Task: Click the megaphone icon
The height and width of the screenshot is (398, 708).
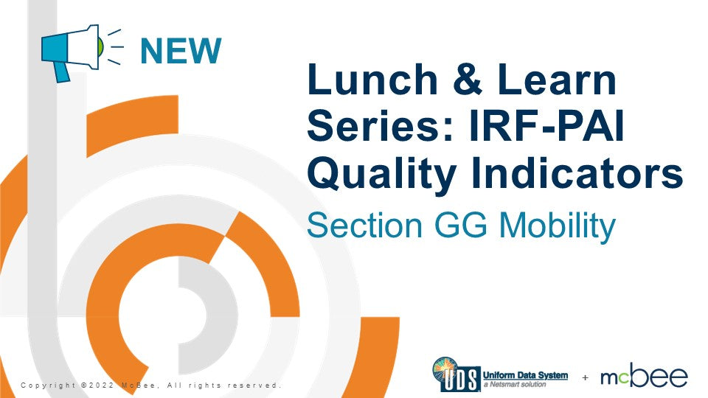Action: [x=72, y=49]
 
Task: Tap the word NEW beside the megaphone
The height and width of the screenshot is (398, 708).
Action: [x=181, y=50]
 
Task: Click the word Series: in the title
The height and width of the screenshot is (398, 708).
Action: [x=375, y=128]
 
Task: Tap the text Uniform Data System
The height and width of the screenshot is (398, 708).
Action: [x=525, y=375]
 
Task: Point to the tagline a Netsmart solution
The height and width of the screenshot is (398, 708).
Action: [x=513, y=385]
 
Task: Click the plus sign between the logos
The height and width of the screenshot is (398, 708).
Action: [x=585, y=377]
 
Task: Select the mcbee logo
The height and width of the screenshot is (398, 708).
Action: [x=644, y=376]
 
